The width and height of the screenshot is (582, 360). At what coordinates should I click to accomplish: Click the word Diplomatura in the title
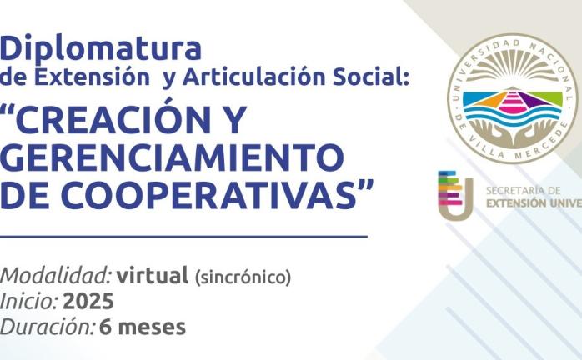(x=101, y=48)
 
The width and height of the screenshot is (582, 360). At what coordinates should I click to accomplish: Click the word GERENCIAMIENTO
(x=172, y=157)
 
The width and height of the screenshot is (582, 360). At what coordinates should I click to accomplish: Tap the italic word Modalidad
(x=56, y=276)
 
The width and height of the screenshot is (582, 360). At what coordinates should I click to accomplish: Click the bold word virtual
(x=153, y=276)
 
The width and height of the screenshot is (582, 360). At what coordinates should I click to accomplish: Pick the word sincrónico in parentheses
(x=243, y=277)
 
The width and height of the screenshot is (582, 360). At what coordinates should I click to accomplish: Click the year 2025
(x=88, y=301)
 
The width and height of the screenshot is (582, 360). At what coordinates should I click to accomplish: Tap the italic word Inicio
(x=29, y=301)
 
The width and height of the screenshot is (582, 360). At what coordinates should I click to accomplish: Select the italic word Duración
(x=48, y=327)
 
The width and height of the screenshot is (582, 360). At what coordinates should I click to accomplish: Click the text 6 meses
(x=143, y=327)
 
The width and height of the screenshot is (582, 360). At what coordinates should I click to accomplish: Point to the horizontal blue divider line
(x=183, y=236)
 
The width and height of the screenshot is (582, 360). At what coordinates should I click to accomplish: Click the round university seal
(x=512, y=98)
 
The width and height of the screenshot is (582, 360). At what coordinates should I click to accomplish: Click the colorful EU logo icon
(x=456, y=194)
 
